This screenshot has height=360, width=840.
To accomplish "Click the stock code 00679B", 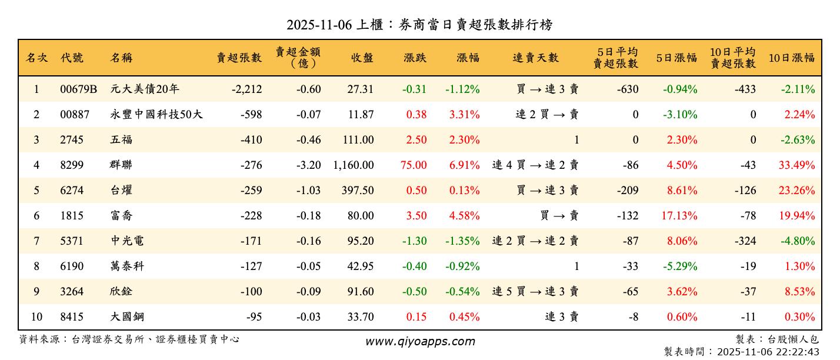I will pos(78,89).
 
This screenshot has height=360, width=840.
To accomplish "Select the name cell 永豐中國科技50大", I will pos(156,115).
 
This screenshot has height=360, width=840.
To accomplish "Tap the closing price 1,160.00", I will pos(354,165).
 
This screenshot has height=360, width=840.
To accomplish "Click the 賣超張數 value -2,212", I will pos(246,89).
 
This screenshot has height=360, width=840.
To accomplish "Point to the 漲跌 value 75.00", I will pos(414,165).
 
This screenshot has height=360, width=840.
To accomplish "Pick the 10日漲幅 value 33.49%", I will pos(797,165).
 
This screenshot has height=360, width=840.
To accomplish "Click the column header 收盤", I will pos(362,58).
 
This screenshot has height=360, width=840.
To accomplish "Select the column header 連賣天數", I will pos(535,58).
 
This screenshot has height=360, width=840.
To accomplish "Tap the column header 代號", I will pos(72,58).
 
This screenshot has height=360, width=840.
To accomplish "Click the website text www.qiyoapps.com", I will pos(420,341).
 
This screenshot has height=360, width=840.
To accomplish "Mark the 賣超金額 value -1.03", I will pos(309,191).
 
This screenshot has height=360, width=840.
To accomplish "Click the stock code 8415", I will pos(72,317).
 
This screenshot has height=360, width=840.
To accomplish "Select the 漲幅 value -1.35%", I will pos(462,241).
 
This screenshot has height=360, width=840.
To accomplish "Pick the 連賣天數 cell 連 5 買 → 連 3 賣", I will pos(535,292).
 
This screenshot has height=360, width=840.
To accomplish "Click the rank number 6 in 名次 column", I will pos(36,216).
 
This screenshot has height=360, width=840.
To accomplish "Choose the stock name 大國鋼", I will pos(126,317).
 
